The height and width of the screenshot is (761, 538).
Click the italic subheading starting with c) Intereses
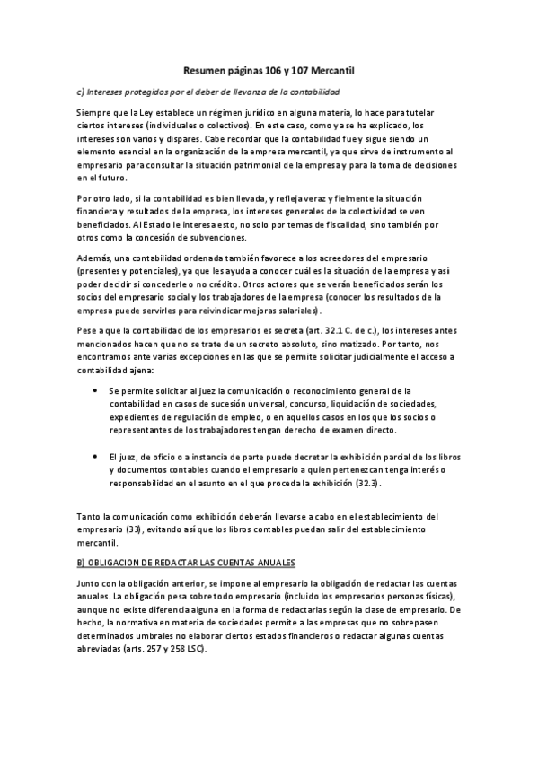208,92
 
